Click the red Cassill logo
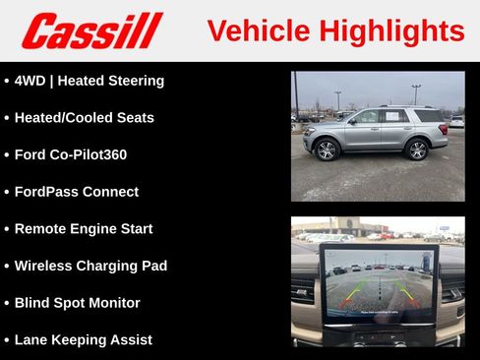coord(91,30)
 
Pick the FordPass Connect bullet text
coord(76,192)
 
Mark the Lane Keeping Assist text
coord(83,339)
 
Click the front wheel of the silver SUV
coord(328,150)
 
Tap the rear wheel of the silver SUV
coord(415,150)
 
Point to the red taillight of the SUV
coord(445,129)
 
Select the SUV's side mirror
coord(351,122)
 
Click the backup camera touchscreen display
coord(379,281)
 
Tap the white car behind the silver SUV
coord(456,122)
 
